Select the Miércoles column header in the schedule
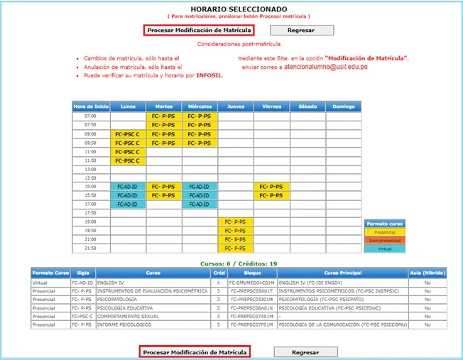[x=200, y=107]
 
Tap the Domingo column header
[x=343, y=107]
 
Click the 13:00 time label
[x=90, y=170]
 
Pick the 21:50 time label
[x=90, y=248]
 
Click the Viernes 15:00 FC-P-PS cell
[x=271, y=186]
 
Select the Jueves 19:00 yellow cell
[x=235, y=222]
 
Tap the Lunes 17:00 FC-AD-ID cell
[x=127, y=204]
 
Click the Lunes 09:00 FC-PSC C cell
[x=127, y=133]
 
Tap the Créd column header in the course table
[x=219, y=273]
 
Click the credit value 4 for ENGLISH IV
[x=219, y=282]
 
